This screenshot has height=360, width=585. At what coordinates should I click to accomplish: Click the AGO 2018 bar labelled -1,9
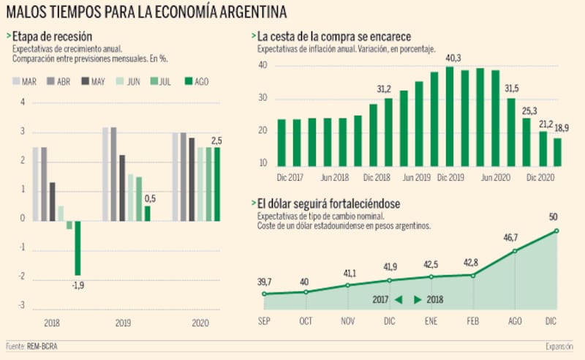coord(78,247)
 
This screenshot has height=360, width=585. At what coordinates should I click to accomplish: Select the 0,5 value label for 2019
coord(149,198)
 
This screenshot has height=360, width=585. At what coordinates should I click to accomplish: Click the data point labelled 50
coord(557,231)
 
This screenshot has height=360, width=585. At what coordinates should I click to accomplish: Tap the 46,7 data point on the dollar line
coord(516,251)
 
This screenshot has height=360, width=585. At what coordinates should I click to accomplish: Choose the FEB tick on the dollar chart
coord(474,320)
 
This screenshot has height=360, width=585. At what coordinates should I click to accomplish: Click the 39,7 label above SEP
coord(264,282)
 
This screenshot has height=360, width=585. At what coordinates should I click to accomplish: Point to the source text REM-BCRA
coord(42,346)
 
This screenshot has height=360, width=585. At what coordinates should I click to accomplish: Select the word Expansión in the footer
coord(562,346)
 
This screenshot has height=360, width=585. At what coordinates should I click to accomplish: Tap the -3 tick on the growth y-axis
coord(22,305)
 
